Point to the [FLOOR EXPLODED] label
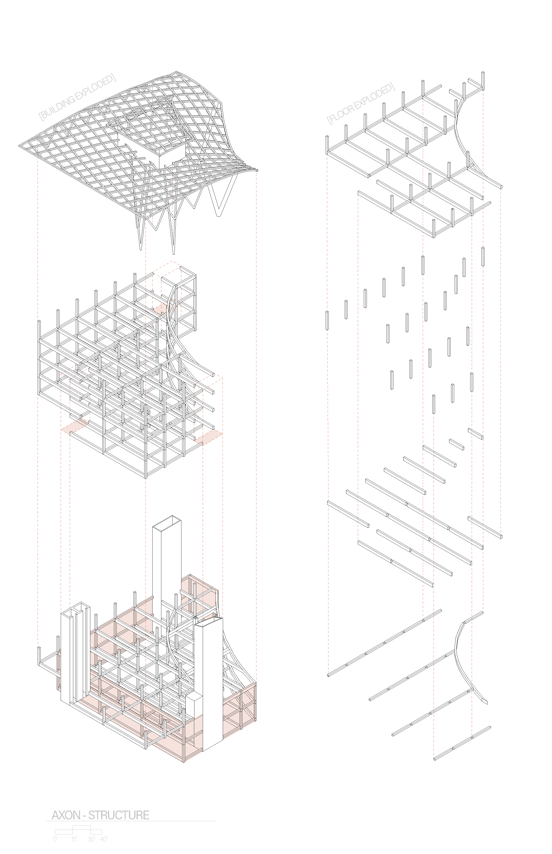360,104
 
